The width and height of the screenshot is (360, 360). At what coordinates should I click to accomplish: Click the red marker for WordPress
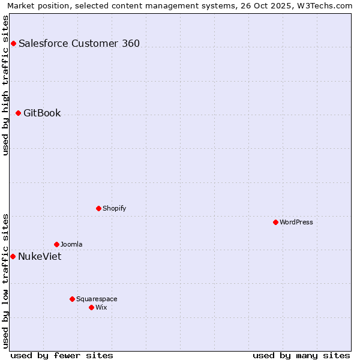pos(275,222)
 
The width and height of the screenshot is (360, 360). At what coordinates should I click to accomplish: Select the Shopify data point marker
pos(98,208)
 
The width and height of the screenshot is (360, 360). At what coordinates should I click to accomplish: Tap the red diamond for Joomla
pos(56,244)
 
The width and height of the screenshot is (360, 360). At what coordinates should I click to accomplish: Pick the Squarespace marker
pos(72,299)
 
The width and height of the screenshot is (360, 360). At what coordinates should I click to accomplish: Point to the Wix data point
pos(91,307)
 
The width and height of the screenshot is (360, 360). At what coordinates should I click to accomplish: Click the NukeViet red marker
pos(13,256)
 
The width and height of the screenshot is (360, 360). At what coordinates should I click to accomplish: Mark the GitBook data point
pos(18,113)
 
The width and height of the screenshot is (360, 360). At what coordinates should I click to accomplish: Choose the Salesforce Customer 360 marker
pos(13,43)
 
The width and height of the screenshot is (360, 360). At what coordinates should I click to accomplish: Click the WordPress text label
pos(296,222)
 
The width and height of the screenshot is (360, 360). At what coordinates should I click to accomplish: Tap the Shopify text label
pos(114,208)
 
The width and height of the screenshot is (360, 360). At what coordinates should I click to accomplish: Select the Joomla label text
pos(71,244)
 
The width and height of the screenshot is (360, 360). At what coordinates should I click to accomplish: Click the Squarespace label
pos(97,299)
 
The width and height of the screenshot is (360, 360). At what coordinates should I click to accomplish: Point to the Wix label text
pos(101,307)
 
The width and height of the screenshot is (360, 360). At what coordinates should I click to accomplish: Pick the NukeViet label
pos(40,256)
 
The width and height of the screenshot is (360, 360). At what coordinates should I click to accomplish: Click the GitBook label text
pos(42,113)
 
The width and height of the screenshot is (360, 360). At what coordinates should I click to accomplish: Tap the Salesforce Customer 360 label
pos(79,43)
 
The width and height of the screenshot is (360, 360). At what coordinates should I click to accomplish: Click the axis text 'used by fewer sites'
pos(62,355)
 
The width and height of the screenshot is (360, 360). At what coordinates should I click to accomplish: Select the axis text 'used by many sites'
pos(301,355)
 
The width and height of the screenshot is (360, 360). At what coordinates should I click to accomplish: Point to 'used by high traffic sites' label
pos(5,85)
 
